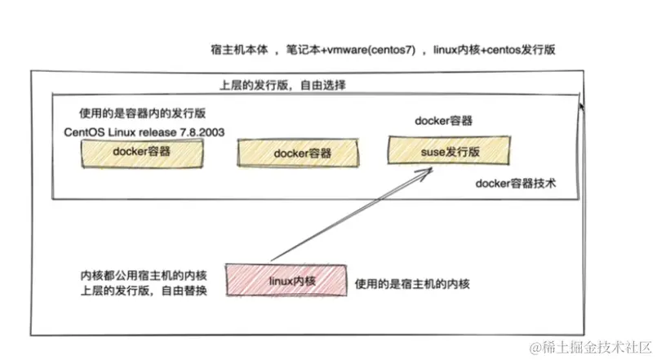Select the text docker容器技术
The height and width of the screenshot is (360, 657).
[x=516, y=184]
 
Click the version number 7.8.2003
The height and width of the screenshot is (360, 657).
[x=196, y=131]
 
